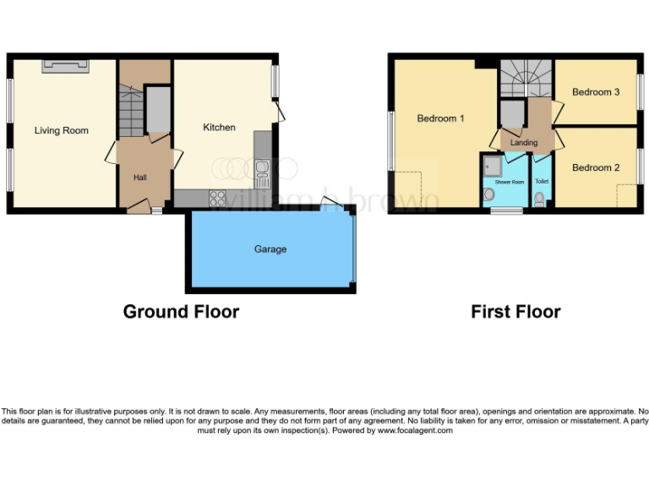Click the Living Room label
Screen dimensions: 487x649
coord(61,130)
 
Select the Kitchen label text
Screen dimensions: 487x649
coord(219,127)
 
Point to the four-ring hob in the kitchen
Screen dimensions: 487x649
coord(217,199)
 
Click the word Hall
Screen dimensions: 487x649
coord(139,178)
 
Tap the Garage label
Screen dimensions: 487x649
coord(270,249)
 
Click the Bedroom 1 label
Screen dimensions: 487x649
coord(440,118)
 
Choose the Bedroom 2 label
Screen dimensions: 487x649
coord(596,167)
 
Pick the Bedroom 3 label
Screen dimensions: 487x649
coord(596,91)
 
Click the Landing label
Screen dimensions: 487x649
coord(524,143)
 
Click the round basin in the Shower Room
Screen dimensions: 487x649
coord(489,195)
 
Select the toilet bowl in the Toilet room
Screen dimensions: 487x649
coord(540,200)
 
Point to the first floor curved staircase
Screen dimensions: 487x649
coord(524,80)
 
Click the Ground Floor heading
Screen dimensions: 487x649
coord(181,311)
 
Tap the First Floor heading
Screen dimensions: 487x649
coord(515,311)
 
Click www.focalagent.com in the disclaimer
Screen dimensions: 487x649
coord(414,430)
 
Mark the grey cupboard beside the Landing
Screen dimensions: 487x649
coord(510,113)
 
